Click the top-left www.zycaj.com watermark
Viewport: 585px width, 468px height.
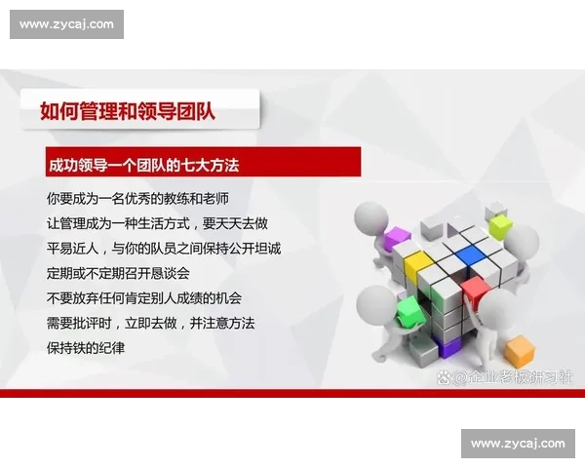point(66,24)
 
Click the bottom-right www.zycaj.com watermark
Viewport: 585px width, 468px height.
point(517,444)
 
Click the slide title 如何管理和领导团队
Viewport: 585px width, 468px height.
point(128,110)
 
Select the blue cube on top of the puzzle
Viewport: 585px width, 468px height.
point(470,254)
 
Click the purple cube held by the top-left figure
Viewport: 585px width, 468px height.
point(398,237)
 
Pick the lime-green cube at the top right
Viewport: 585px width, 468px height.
point(500,226)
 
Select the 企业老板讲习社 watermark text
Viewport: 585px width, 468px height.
point(511,376)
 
